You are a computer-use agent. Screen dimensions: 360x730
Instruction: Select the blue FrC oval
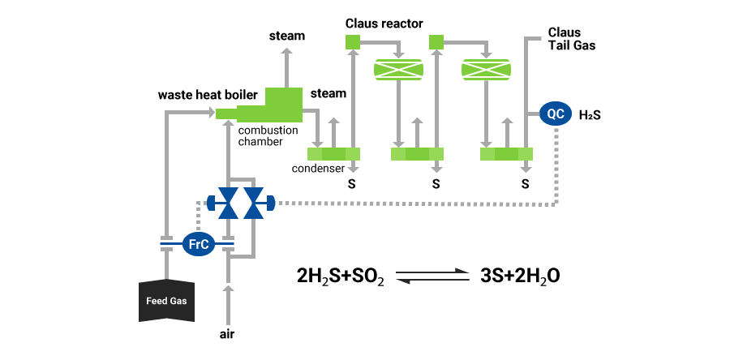197,242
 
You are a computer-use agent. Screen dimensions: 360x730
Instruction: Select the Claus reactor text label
384,24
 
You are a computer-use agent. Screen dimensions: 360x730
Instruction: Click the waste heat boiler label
207,96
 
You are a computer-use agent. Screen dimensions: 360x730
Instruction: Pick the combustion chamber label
268,135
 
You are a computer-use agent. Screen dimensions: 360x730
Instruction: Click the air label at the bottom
227,333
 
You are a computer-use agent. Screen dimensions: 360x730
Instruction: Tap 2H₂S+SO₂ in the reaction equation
341,276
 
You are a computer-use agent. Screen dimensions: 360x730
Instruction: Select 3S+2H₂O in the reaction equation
520,276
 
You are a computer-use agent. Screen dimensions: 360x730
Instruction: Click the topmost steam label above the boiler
287,36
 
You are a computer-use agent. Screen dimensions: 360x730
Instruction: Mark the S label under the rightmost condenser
526,184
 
